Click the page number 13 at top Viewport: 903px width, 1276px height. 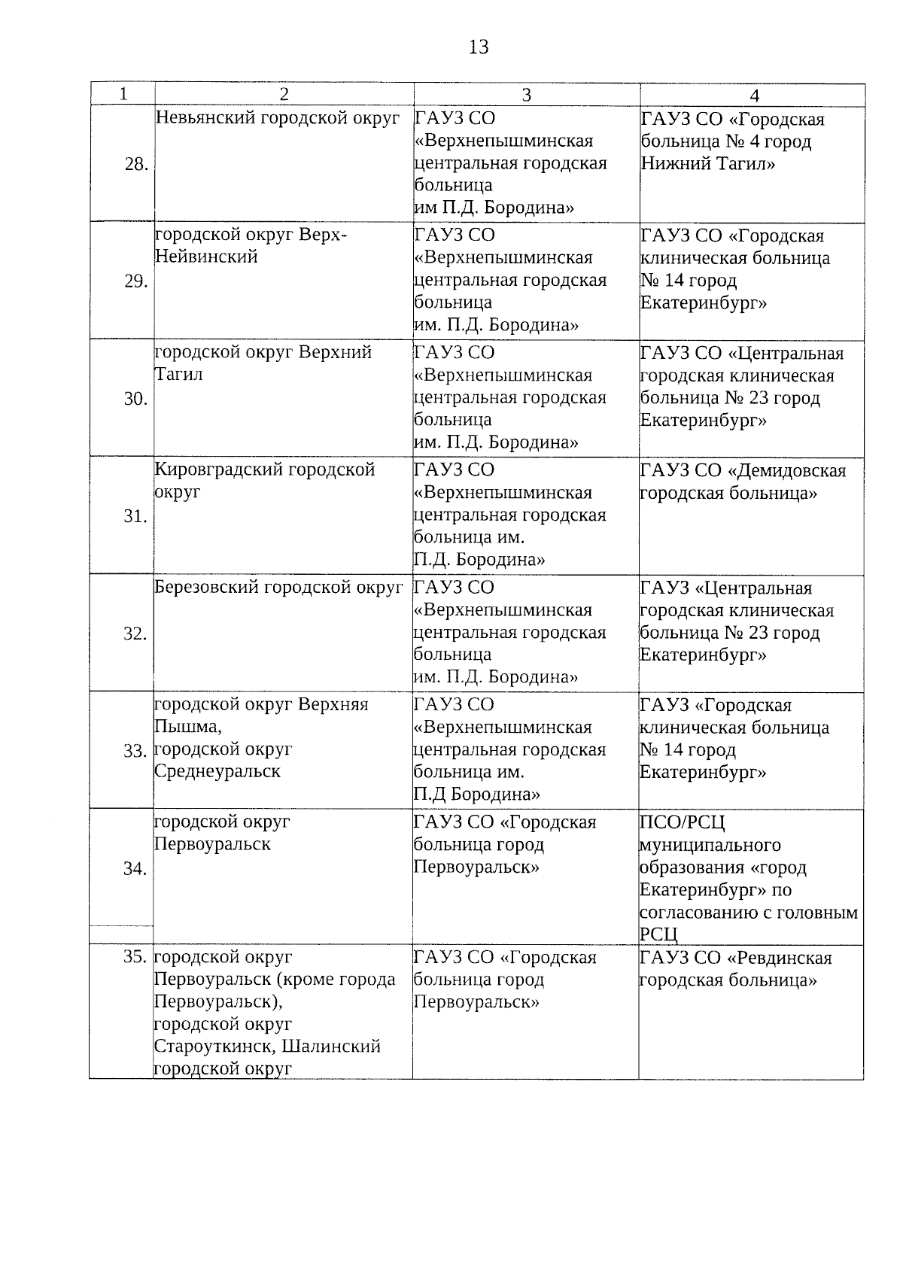(479, 47)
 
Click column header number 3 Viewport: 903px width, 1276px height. (527, 94)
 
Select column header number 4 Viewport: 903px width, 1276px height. (754, 95)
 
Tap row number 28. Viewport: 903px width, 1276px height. (136, 164)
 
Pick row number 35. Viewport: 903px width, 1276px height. (135, 957)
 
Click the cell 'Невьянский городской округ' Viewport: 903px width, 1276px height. (278, 118)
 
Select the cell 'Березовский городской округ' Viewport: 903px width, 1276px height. (279, 588)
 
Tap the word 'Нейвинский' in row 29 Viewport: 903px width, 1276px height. (206, 257)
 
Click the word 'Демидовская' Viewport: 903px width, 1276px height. (787, 471)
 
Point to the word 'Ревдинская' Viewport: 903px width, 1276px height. (780, 958)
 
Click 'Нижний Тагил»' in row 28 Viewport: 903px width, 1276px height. (708, 163)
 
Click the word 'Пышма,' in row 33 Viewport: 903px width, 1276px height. (187, 727)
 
